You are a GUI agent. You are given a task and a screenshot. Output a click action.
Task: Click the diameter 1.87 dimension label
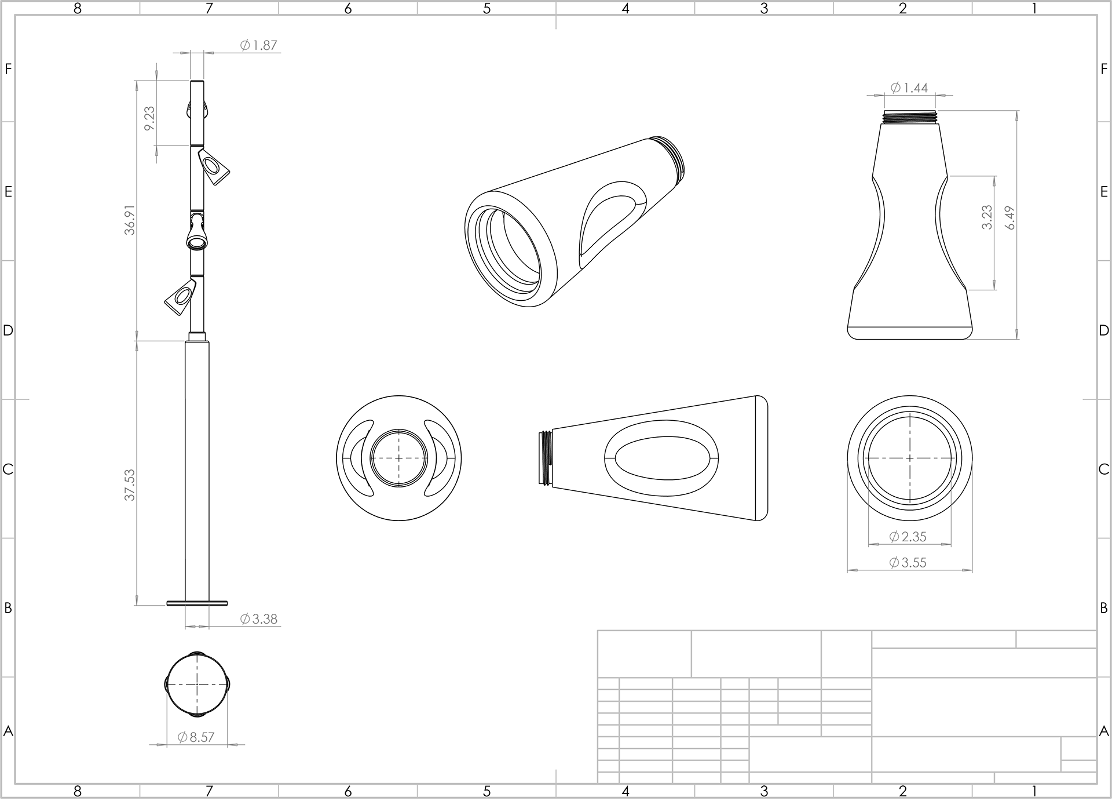(x=259, y=45)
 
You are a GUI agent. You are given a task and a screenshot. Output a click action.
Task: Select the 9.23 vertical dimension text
(x=149, y=118)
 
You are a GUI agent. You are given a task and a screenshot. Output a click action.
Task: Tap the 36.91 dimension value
(x=130, y=220)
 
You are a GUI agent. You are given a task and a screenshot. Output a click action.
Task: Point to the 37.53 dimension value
(x=130, y=485)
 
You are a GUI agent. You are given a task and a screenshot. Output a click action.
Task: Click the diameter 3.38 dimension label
(x=259, y=619)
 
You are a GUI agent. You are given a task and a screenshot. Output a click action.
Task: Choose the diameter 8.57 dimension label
(x=196, y=737)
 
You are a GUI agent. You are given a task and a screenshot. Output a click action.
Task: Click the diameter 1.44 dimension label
(x=909, y=88)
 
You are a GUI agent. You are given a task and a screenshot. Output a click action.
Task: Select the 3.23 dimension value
(x=987, y=217)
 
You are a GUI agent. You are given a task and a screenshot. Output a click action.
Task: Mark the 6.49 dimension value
(x=1011, y=218)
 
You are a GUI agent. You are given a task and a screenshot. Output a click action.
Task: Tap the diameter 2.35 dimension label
(x=908, y=537)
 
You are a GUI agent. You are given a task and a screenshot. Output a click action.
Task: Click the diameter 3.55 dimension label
(x=908, y=562)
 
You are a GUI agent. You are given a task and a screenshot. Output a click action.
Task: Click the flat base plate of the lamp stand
(x=197, y=603)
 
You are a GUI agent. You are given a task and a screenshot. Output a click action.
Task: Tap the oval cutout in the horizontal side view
(x=661, y=458)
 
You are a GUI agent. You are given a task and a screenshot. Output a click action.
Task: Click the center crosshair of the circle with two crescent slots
(x=399, y=458)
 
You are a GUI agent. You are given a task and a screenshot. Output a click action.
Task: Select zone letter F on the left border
(x=8, y=69)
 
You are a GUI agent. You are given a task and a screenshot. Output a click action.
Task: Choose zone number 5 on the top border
(x=487, y=8)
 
